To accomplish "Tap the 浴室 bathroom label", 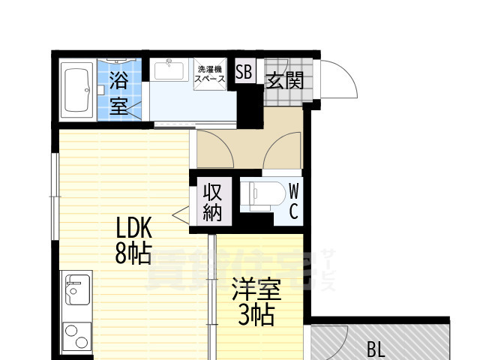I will click(x=118, y=91).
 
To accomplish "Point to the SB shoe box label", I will click(x=244, y=73).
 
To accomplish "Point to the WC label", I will click(x=294, y=202).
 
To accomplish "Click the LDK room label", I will click(x=134, y=227).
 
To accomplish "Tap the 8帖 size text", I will click(x=133, y=255).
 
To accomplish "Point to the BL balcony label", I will click(x=377, y=349).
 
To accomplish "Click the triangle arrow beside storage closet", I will click(x=181, y=215).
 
